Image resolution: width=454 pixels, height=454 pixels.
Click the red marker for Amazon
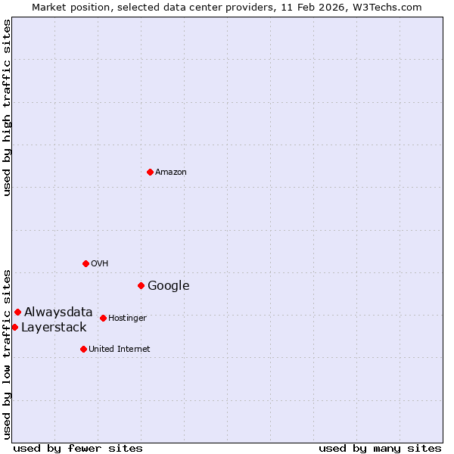[x=150, y=172]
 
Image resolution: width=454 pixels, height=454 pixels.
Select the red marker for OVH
[x=86, y=263]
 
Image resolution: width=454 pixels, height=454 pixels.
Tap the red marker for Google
[x=141, y=285]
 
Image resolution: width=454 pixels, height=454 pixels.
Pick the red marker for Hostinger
[x=103, y=318]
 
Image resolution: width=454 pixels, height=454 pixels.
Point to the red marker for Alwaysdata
[x=17, y=312]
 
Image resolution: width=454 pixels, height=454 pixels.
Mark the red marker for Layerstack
[x=14, y=327]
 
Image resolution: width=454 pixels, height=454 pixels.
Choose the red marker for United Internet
[x=83, y=349]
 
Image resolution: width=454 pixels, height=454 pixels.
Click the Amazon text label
[x=171, y=173]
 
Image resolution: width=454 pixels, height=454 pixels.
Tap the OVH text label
[x=100, y=264]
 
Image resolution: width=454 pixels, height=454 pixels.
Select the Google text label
[x=169, y=286]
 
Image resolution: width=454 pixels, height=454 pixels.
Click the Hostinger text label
[x=127, y=319]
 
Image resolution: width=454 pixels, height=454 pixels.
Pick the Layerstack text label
[x=54, y=328]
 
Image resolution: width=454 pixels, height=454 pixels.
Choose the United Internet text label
[x=120, y=350]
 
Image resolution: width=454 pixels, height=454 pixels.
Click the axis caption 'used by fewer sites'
[x=78, y=448]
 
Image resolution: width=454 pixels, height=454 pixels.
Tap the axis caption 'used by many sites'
[x=380, y=448]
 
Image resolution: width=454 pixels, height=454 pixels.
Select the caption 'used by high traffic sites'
[x=7, y=107]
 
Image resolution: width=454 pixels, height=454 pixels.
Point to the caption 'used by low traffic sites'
[x=7, y=353]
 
